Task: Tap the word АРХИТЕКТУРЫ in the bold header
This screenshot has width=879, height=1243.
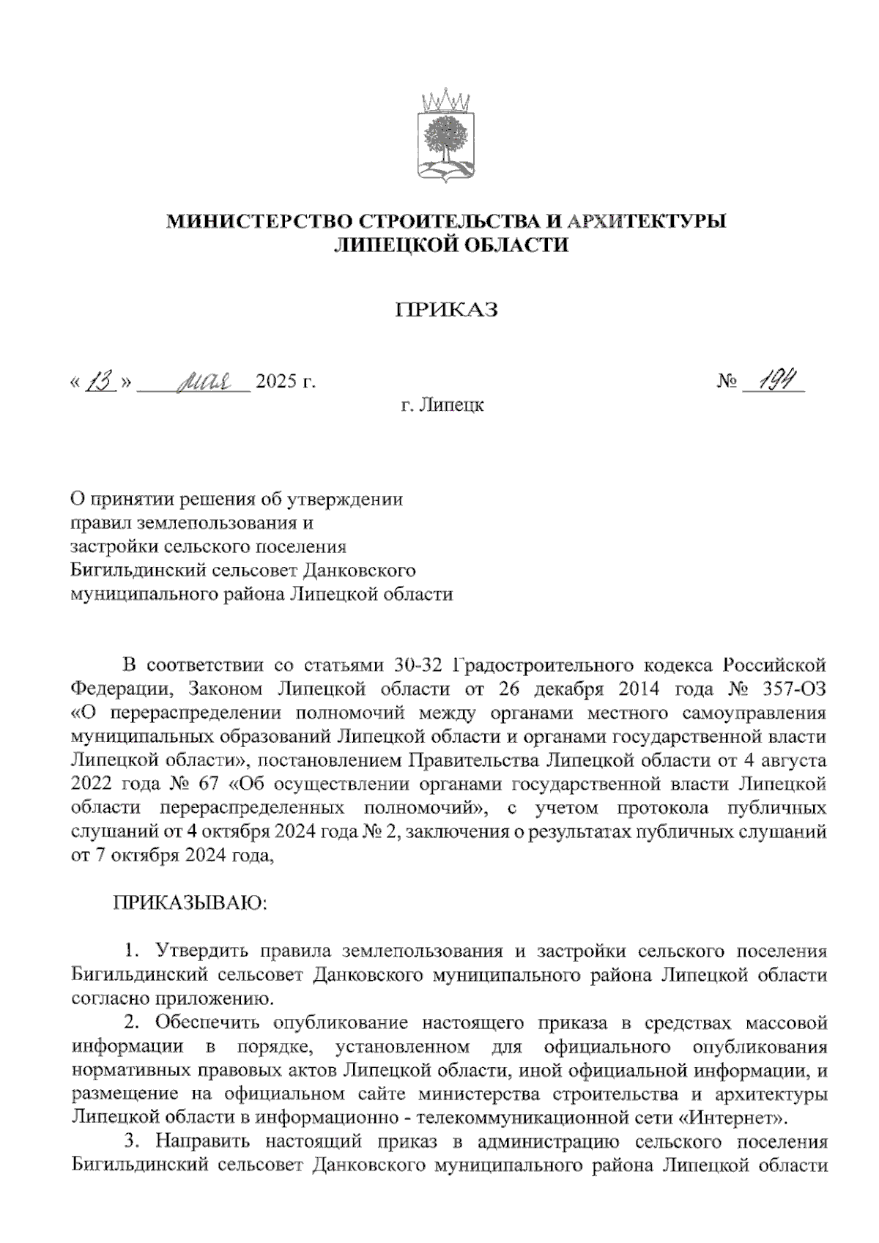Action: coord(647,221)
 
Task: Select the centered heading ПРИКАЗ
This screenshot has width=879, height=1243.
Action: coord(447,311)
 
